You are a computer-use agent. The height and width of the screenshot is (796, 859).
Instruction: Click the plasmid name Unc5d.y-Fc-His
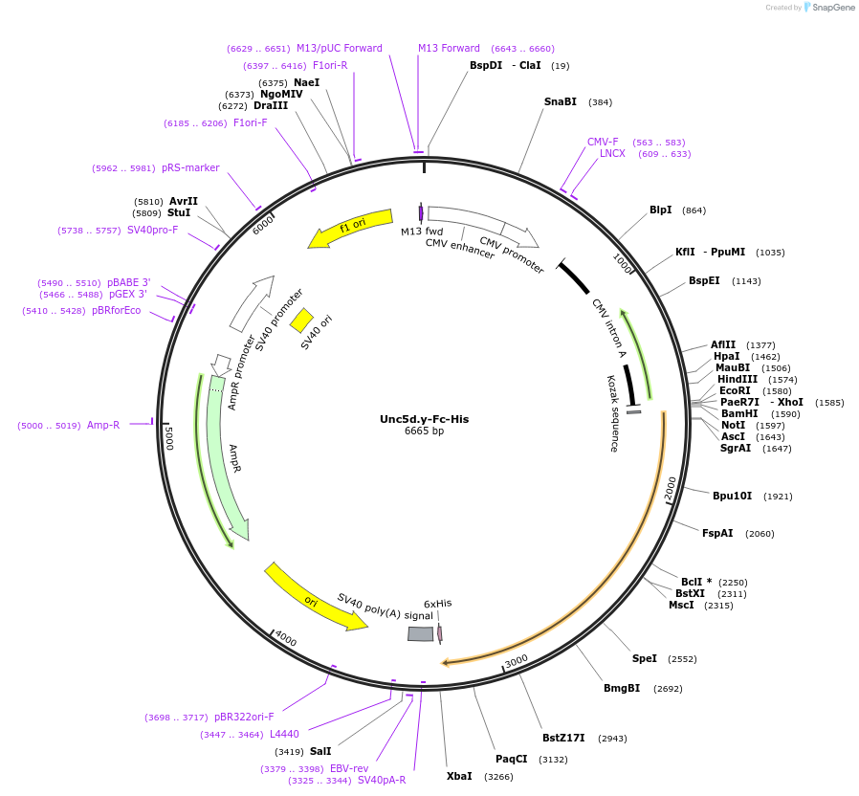424,419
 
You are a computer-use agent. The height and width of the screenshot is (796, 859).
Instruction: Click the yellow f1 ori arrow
350,228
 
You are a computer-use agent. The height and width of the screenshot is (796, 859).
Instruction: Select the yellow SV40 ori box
301,320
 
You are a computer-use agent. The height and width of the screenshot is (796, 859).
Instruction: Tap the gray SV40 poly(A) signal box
420,633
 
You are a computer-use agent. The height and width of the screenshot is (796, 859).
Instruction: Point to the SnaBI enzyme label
561,101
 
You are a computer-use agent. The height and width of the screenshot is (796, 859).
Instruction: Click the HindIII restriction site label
737,379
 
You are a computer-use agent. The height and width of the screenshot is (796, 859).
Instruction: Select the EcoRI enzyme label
736,390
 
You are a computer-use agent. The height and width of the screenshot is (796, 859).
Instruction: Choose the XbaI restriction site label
459,776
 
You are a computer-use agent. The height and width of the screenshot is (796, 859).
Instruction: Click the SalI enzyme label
320,751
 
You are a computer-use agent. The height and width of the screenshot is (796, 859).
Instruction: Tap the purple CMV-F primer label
603,142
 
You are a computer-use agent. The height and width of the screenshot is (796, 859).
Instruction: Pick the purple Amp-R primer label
103,425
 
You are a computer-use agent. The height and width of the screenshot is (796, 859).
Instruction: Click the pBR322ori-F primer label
244,717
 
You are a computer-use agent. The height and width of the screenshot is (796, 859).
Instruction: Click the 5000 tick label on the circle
169,438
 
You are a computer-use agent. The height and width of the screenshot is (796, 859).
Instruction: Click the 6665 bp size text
424,431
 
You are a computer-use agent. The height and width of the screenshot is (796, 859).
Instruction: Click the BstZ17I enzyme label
563,738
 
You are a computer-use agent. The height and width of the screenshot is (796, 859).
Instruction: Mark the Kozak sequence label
612,412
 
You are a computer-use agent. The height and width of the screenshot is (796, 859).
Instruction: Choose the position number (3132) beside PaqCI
553,760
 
